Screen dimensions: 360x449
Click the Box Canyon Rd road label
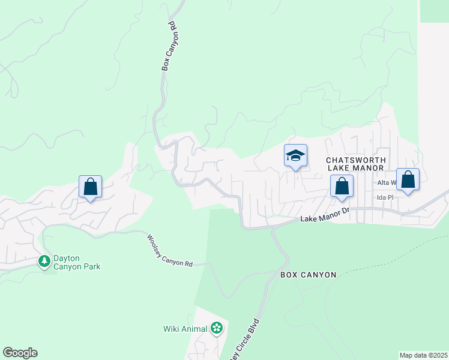click(x=171, y=47)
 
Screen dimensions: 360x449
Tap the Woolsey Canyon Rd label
click(x=170, y=250)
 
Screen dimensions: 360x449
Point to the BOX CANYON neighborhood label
click(x=309, y=275)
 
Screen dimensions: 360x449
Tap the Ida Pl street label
click(x=384, y=197)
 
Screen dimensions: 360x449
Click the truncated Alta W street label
click(x=386, y=182)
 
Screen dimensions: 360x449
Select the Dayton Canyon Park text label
click(x=76, y=262)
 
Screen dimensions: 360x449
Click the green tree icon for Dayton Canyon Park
click(x=44, y=262)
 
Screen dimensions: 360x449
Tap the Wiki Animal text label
click(x=185, y=329)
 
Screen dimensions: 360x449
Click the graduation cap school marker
click(x=295, y=157)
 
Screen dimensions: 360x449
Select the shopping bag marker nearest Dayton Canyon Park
click(x=90, y=187)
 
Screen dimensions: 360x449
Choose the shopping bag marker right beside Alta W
click(x=408, y=180)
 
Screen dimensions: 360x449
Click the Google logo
click(x=20, y=353)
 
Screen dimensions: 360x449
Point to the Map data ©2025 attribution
click(x=423, y=355)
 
